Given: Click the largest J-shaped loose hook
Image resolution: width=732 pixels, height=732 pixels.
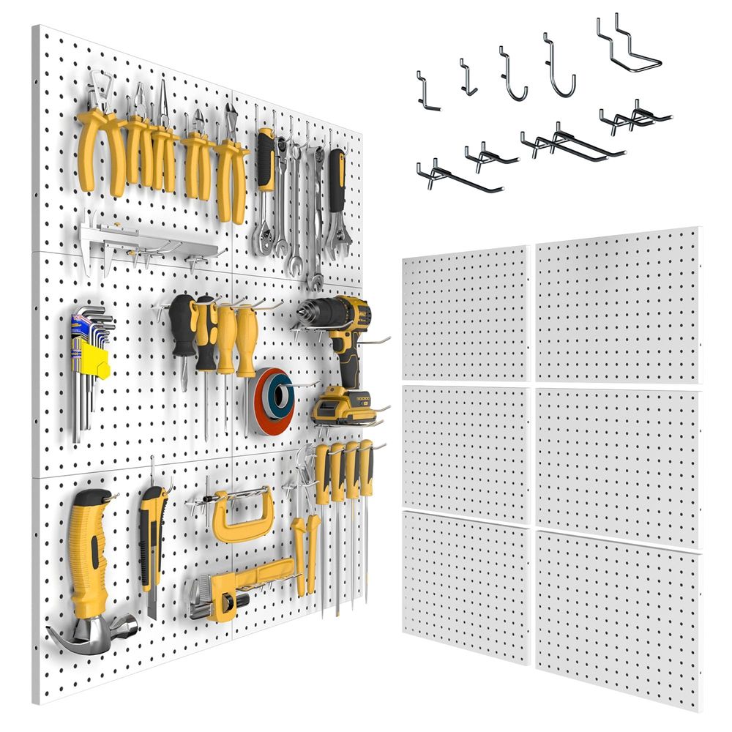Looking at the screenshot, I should click(560, 70).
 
